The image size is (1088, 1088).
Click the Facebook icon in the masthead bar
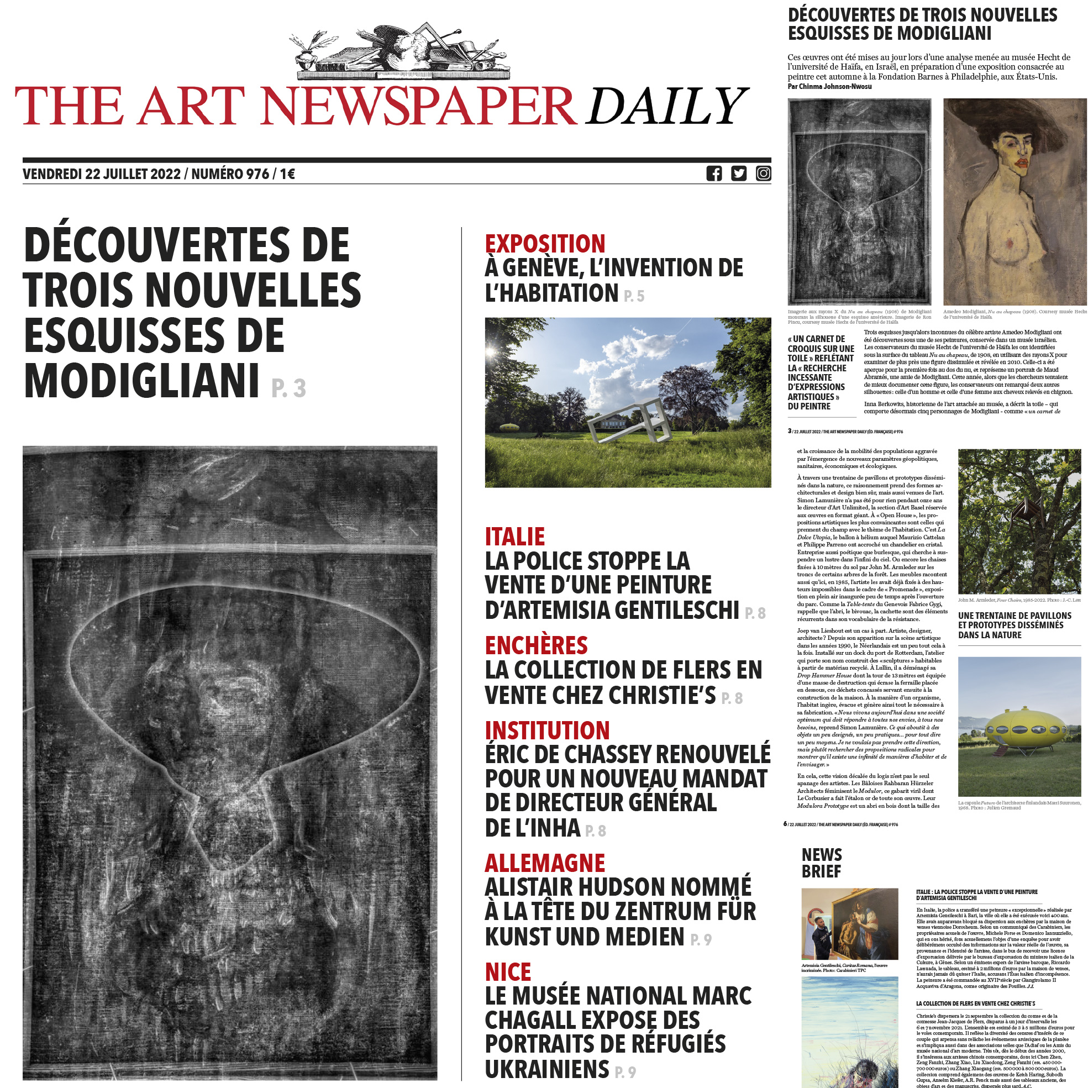pos(713,174)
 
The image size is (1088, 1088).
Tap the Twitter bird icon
pos(738,174)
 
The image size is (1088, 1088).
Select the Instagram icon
pos(763,174)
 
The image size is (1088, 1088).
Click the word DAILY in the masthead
pos(667,107)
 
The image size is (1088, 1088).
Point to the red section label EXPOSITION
pos(545,244)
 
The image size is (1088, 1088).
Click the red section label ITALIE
pos(515,537)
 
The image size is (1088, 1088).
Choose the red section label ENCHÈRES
pos(536,645)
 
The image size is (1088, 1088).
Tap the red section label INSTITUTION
pos(547,730)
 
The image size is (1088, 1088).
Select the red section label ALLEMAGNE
pos(545,863)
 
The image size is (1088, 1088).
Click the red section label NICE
pos(508,973)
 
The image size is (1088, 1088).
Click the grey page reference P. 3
pos(288,388)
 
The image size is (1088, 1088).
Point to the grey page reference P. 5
pos(634,296)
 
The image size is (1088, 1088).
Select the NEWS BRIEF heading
pos(822,863)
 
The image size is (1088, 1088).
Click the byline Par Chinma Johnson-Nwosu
pos(829,87)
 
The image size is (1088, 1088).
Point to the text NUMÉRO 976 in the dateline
pos(230,174)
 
